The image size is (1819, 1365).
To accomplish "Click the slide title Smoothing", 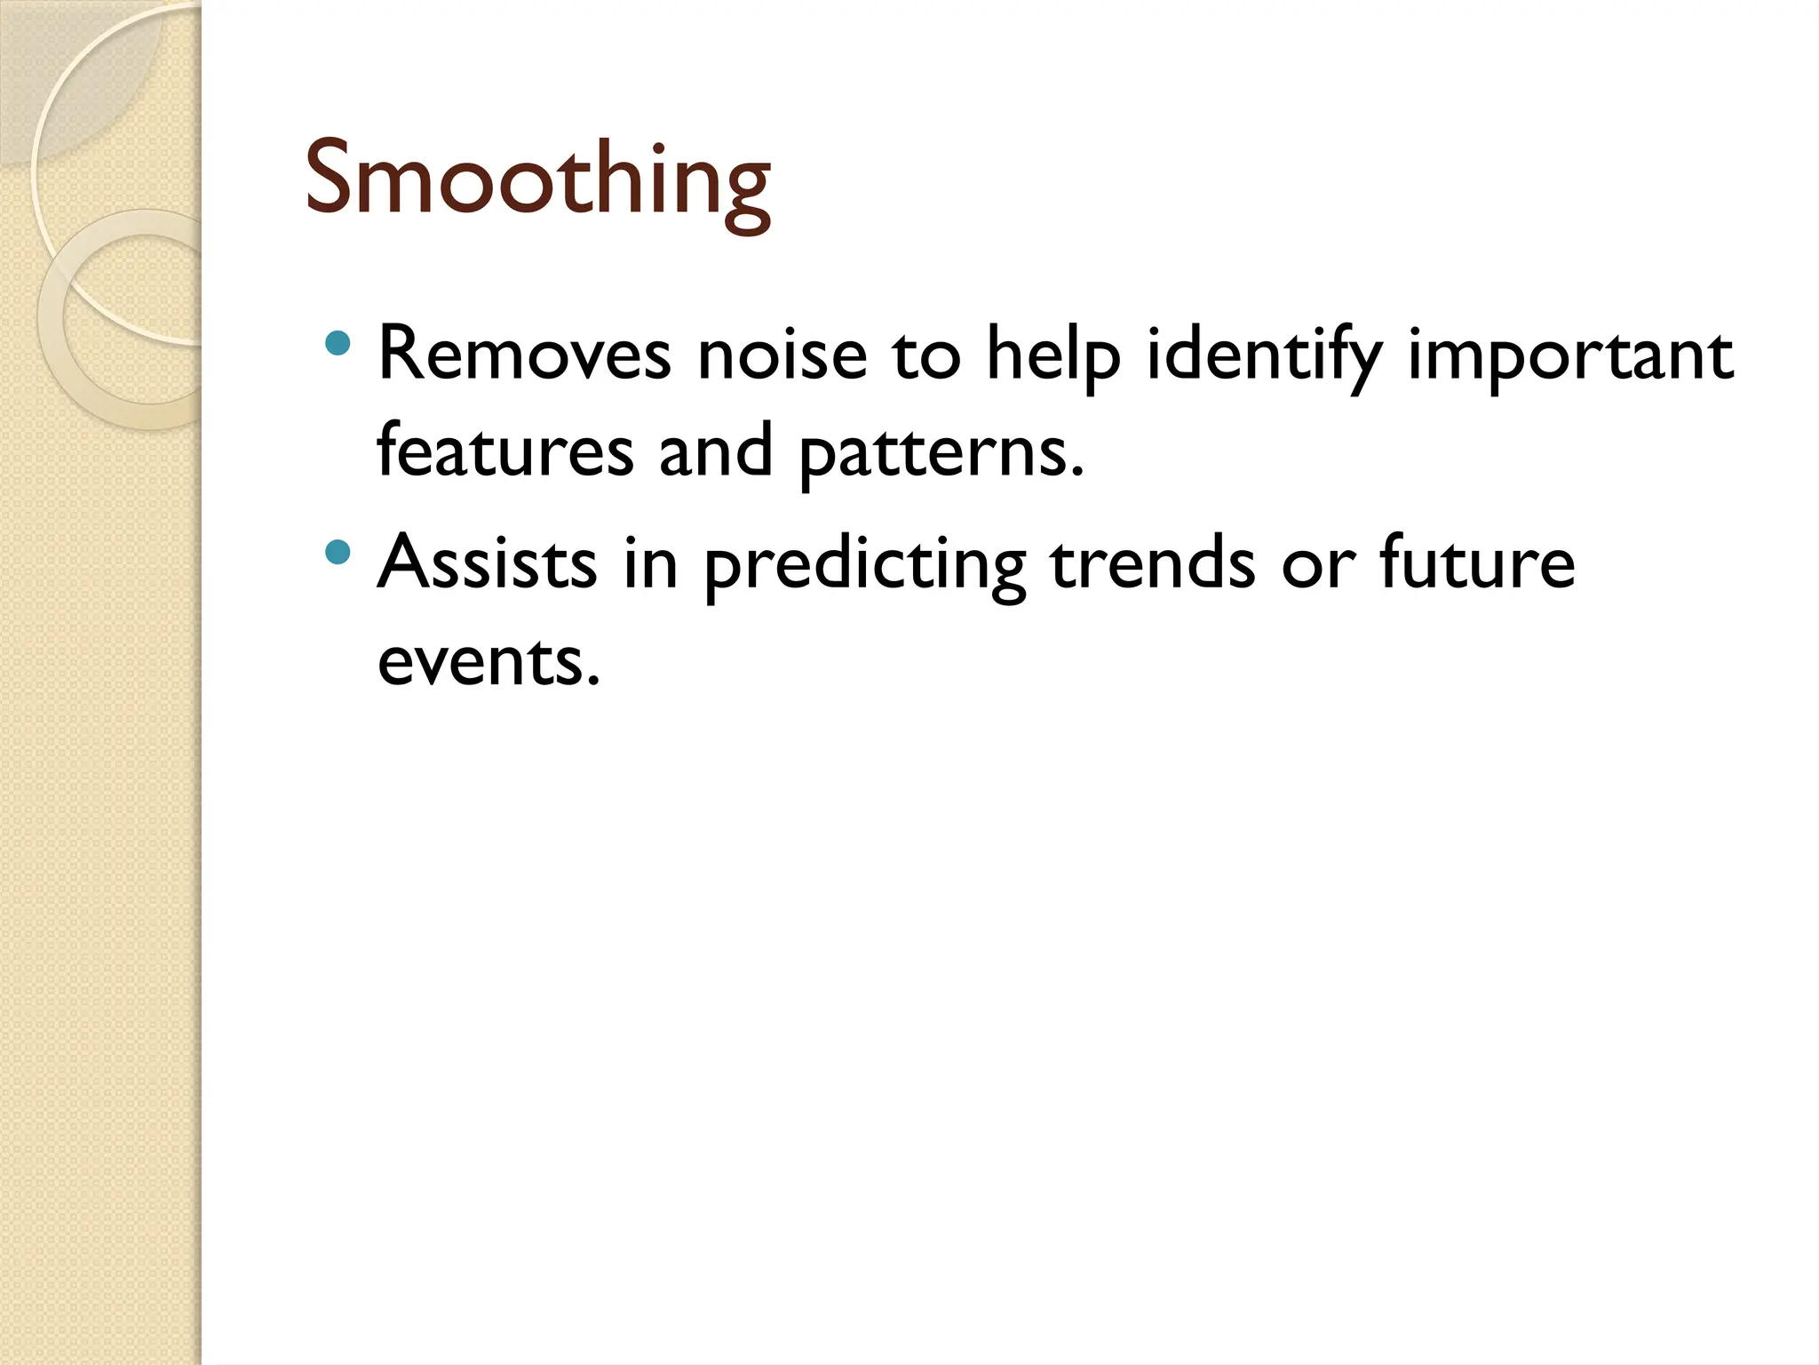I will (536, 181).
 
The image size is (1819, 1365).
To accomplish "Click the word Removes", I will (524, 355).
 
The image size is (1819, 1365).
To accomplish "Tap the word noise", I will (782, 355).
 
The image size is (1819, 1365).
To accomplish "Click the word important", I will (1570, 355).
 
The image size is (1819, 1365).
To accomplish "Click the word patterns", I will (941, 451).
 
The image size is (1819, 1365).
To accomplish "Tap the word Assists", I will (488, 563).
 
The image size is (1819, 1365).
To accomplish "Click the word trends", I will (1153, 563).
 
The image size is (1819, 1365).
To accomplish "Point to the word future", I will (1477, 563).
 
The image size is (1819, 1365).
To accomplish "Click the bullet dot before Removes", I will (338, 343).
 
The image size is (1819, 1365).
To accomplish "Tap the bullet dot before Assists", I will (338, 553).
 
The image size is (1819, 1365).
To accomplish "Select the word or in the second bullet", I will (1318, 564).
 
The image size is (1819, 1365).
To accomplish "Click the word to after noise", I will (926, 355).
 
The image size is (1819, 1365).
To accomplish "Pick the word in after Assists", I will (650, 563).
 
